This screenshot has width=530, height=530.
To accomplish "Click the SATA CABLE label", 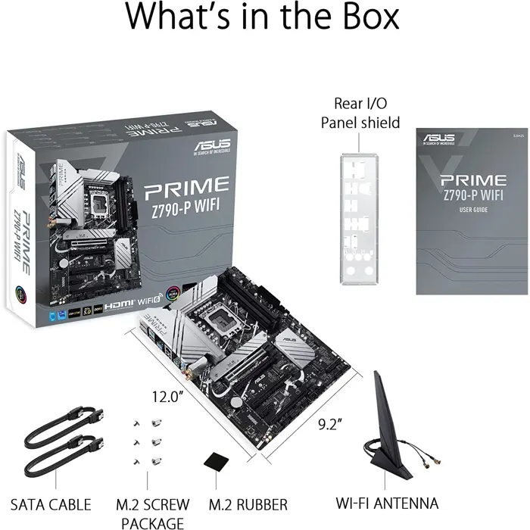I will click(x=51, y=503).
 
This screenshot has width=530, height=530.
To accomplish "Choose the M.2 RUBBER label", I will click(x=248, y=503).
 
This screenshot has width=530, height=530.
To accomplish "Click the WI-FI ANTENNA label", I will click(x=387, y=503).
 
